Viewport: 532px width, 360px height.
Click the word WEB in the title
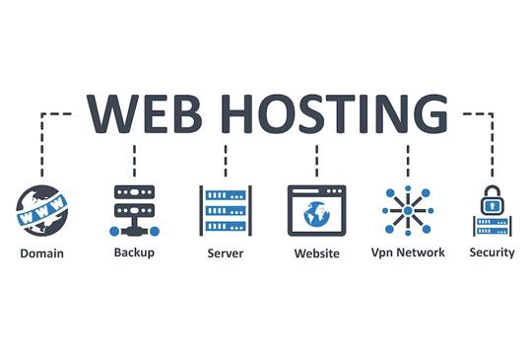[x=145, y=113]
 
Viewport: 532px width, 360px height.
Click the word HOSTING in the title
[x=335, y=113]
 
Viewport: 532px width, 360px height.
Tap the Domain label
[x=41, y=253]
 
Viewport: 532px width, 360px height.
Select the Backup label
[x=134, y=252]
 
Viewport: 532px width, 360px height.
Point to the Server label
[x=226, y=253]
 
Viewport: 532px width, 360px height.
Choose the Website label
[x=317, y=253]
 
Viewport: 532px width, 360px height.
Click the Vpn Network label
[x=408, y=252]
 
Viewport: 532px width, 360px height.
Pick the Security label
[x=492, y=252]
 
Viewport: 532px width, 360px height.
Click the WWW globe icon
[x=41, y=210]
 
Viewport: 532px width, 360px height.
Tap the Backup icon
[x=134, y=210]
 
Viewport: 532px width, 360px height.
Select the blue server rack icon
[x=226, y=210]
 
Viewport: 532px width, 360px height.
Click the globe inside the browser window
[x=317, y=214]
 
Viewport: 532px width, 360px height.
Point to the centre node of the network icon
[x=408, y=211]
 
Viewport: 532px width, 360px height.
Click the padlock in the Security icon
[x=493, y=200]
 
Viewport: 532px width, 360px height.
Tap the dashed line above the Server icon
[x=226, y=161]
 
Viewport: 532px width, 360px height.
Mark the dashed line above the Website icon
[x=317, y=161]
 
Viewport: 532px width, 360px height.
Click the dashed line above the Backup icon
[x=134, y=161]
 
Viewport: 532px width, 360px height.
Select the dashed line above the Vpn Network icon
[x=408, y=161]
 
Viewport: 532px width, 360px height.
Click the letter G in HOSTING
[x=430, y=113]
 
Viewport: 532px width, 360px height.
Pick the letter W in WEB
[x=112, y=113]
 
